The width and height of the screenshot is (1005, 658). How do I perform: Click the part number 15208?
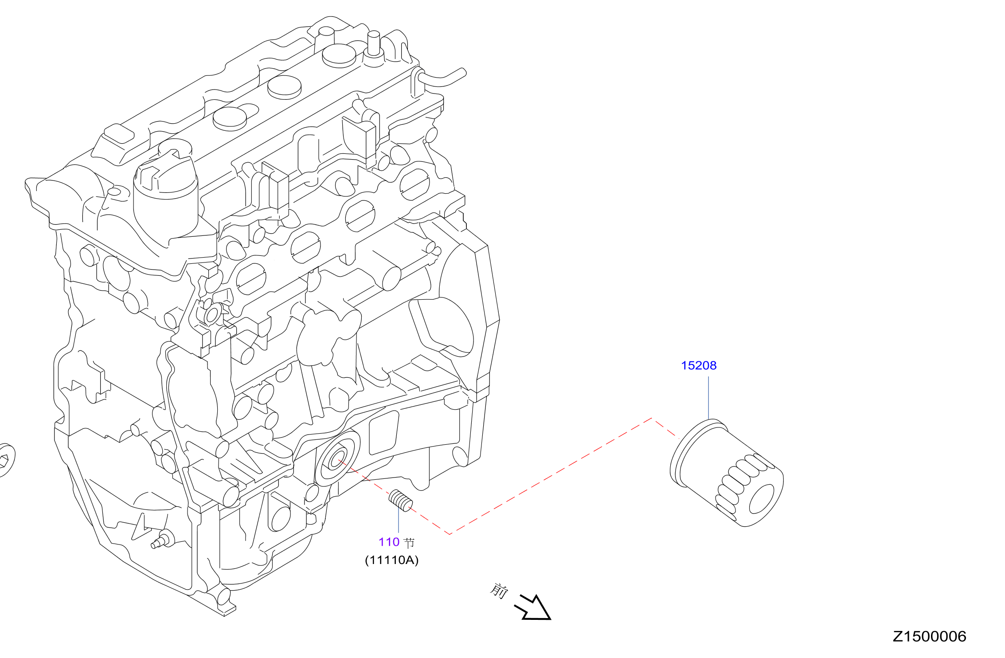[699, 365]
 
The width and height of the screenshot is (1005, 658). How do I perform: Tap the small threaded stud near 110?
[401, 501]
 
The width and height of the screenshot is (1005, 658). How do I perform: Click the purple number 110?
[389, 542]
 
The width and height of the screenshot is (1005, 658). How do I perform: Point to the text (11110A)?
[391, 560]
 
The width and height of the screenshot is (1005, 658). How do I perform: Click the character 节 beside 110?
[409, 542]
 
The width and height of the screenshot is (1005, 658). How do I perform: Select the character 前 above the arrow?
[499, 591]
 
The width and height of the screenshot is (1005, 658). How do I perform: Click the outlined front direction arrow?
[533, 607]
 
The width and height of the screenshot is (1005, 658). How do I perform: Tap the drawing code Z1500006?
[929, 637]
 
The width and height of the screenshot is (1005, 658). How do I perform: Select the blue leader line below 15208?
[708, 398]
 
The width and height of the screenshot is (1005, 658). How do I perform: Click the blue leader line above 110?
[399, 522]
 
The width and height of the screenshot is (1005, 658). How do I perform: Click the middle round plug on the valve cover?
[284, 87]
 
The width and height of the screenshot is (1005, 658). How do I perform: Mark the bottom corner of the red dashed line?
[450, 534]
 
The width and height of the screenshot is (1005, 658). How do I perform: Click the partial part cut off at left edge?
[7, 460]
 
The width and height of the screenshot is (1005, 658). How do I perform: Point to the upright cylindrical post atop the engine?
[374, 43]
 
